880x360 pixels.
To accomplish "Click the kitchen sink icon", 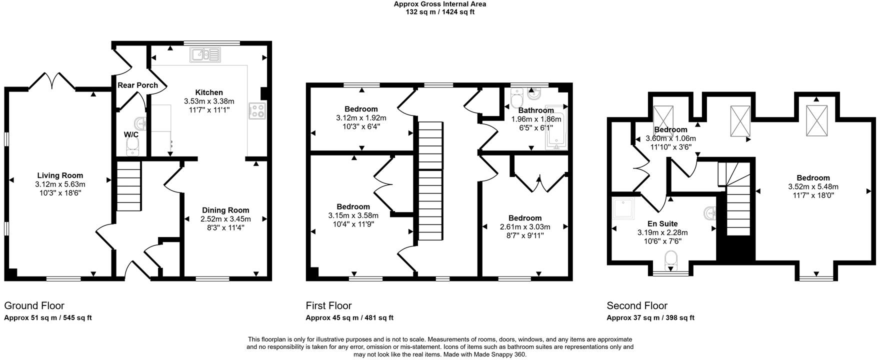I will (x=205, y=54).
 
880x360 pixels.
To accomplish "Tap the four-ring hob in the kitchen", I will (x=257, y=111).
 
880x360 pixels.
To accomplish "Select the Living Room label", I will (x=60, y=175).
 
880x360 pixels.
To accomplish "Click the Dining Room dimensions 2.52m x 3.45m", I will (x=225, y=219).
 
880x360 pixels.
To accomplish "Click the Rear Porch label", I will (x=137, y=85).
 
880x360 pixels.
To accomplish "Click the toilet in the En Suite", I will (x=670, y=260).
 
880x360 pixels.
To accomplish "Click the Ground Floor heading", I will (x=34, y=305).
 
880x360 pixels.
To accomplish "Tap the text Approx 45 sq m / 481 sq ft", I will (x=349, y=318).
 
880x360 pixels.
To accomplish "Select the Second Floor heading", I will (x=637, y=305).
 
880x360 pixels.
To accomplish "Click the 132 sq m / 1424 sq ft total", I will (x=440, y=12).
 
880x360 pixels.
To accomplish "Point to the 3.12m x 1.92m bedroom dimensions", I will (x=361, y=118).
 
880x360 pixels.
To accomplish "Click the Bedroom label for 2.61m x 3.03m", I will (x=524, y=218).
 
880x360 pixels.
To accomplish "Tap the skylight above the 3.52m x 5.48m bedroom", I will (x=816, y=120).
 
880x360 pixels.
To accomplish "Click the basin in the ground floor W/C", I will (x=140, y=122).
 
